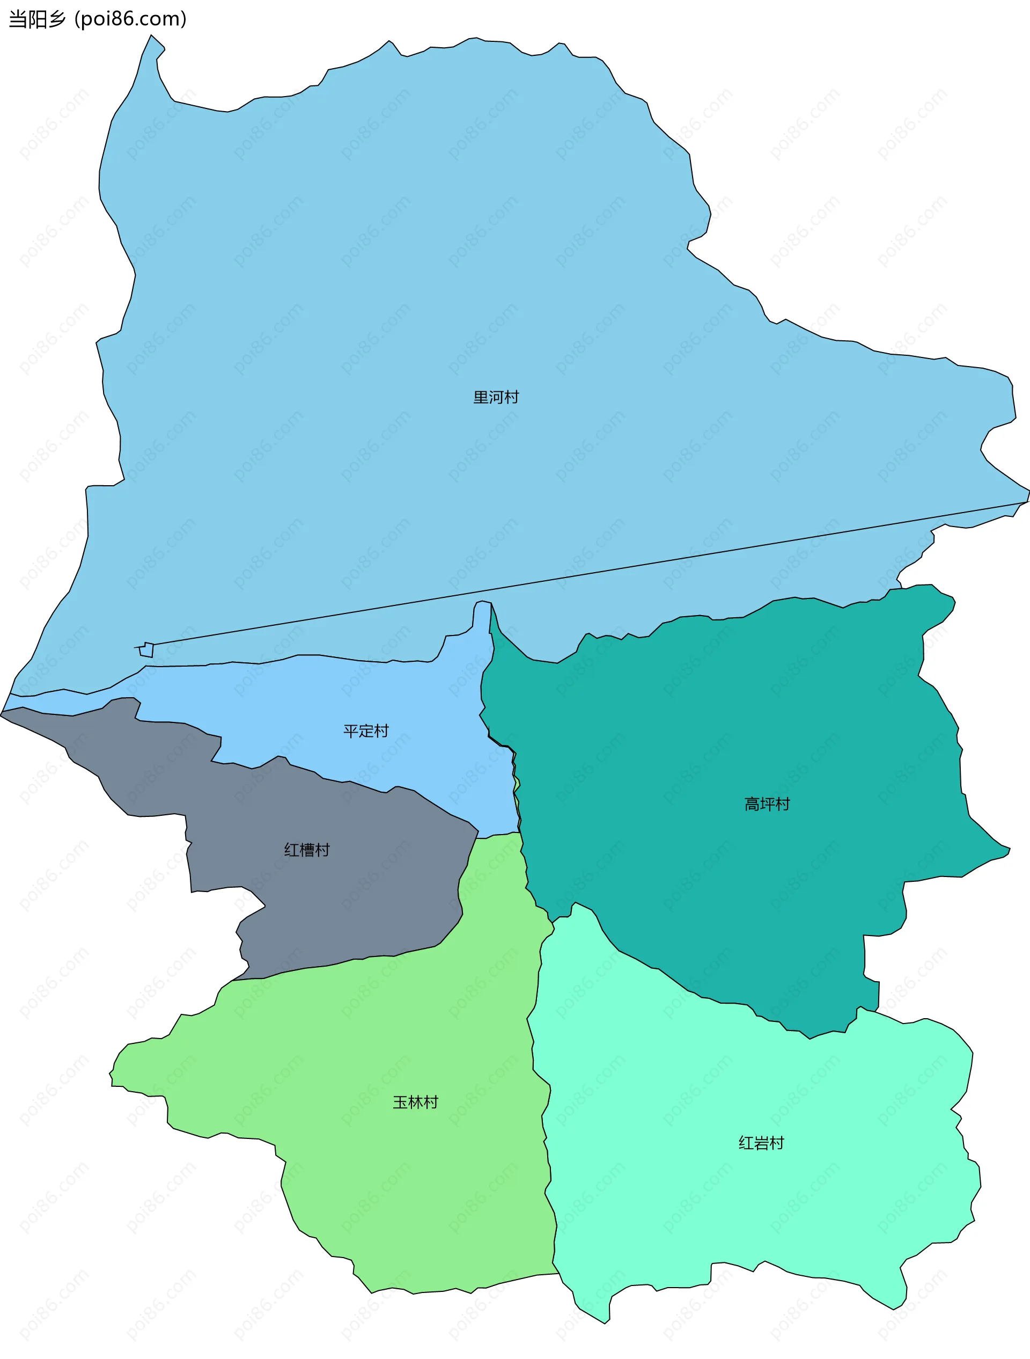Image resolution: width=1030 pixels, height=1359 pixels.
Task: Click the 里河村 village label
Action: tap(496, 398)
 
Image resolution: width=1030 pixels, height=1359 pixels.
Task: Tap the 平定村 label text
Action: tap(366, 731)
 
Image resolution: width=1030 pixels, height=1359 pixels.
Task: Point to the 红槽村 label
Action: tap(307, 850)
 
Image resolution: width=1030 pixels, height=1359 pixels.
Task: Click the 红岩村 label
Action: tap(761, 1143)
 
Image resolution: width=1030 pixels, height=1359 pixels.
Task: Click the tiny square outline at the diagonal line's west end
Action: tap(146, 650)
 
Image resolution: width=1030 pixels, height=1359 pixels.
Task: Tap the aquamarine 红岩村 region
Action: tap(737, 1216)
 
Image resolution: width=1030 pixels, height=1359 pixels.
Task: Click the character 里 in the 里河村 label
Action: tap(480, 398)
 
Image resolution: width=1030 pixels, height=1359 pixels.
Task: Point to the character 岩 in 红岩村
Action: tap(761, 1143)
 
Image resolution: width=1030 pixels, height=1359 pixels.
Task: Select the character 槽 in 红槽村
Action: tap(307, 850)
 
